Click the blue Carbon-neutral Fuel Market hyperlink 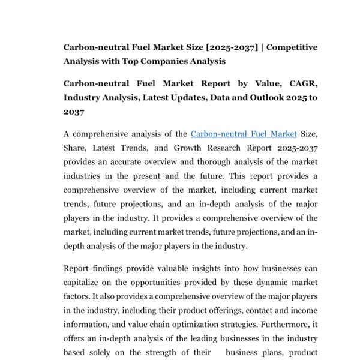tap(244, 134)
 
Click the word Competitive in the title tap(292, 47)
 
